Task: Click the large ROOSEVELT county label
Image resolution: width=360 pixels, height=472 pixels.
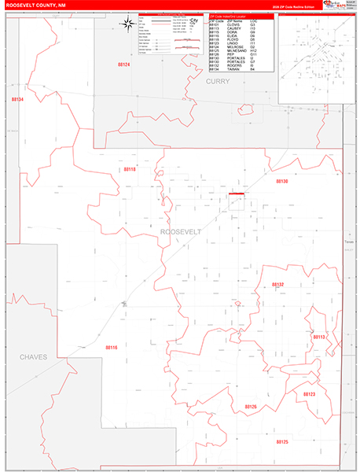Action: (181, 232)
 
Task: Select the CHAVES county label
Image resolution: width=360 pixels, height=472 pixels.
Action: (33, 356)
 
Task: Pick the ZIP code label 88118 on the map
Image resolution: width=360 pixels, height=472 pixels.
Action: (130, 169)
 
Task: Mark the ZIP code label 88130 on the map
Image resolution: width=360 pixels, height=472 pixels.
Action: (282, 181)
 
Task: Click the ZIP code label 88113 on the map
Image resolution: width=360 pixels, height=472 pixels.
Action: (319, 337)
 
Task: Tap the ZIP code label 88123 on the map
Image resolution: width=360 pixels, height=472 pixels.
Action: (309, 394)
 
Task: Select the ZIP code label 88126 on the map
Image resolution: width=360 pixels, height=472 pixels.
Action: (251, 406)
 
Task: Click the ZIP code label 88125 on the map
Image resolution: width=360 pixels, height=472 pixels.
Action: (282, 442)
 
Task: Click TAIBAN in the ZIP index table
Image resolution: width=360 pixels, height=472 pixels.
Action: (232, 69)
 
